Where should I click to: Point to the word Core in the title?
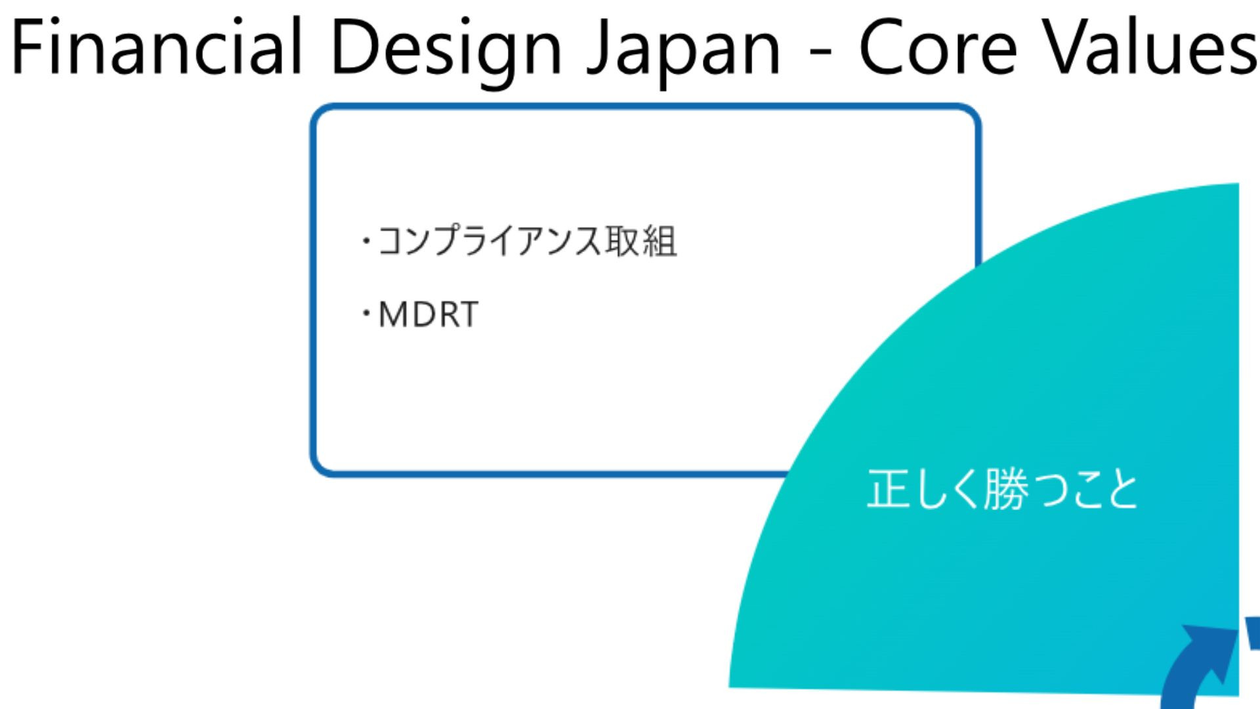[938, 47]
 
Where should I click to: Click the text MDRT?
[429, 314]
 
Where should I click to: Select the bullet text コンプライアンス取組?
[527, 240]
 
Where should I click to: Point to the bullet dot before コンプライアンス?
[366, 242]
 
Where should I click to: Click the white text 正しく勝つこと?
[1002, 489]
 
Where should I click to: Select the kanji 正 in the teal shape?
[888, 489]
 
